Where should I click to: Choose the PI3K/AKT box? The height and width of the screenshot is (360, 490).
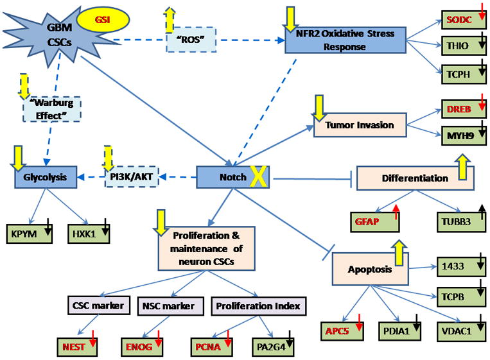click(x=130, y=176)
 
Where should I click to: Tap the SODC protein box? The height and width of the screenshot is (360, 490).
click(x=461, y=19)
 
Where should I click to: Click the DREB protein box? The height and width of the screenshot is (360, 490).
click(x=461, y=110)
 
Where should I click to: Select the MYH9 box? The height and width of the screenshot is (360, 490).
click(x=461, y=135)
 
